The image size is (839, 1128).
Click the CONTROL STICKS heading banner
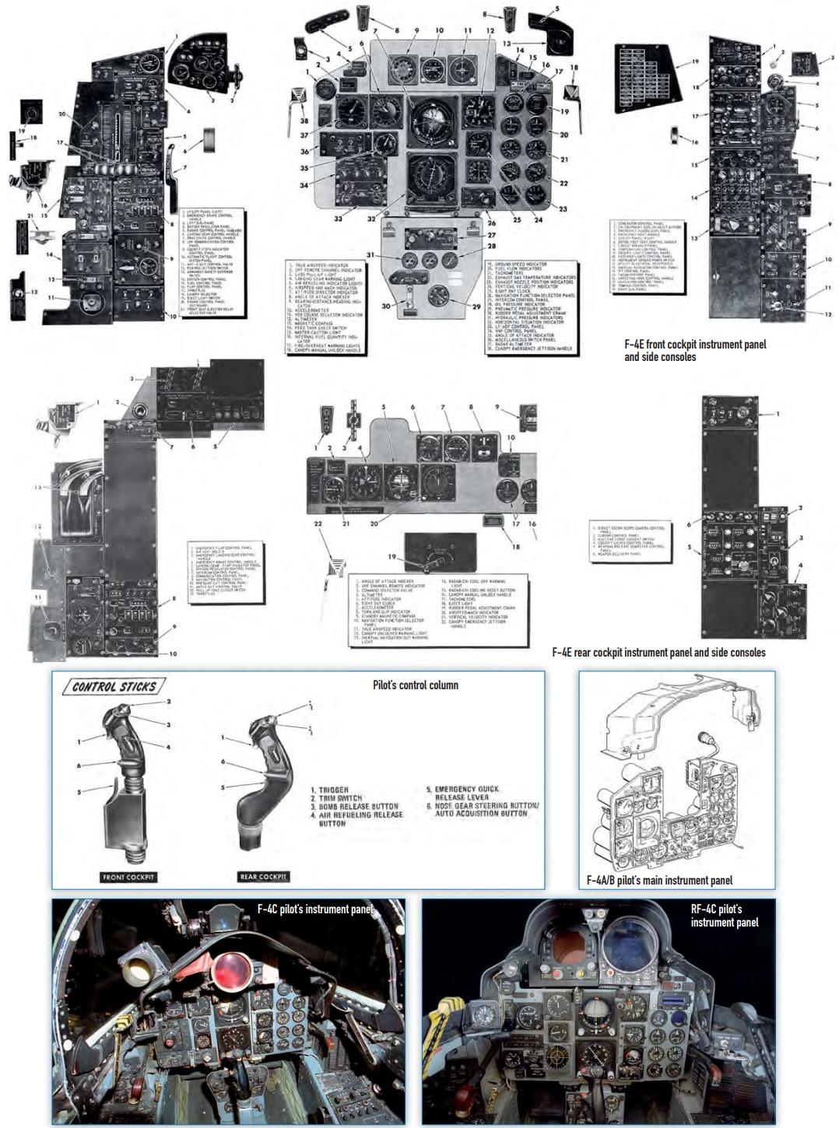pyautogui.click(x=114, y=687)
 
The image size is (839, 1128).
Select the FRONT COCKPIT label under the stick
pyautogui.click(x=129, y=877)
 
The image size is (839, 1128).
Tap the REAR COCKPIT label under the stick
pyautogui.click(x=263, y=877)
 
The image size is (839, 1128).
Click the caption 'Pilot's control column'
pyautogui.click(x=416, y=685)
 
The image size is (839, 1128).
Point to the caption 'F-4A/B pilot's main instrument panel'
pyautogui.click(x=660, y=880)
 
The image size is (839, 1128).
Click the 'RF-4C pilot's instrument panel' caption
pyautogui.click(x=724, y=915)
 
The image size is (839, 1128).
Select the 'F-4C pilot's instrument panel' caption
pyautogui.click(x=315, y=909)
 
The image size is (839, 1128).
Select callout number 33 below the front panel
pyautogui.click(x=339, y=219)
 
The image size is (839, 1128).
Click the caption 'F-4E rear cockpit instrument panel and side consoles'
pyautogui.click(x=658, y=653)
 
